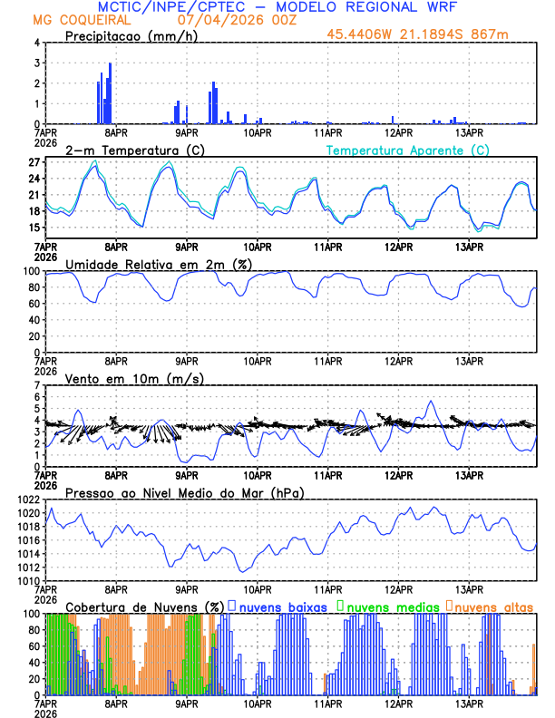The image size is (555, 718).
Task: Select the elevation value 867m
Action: coord(488,35)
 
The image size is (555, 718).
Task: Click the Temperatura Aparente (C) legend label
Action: coord(407,150)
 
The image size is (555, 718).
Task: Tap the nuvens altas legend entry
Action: coord(493,606)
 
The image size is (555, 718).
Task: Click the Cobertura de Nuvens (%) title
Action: coord(145,606)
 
